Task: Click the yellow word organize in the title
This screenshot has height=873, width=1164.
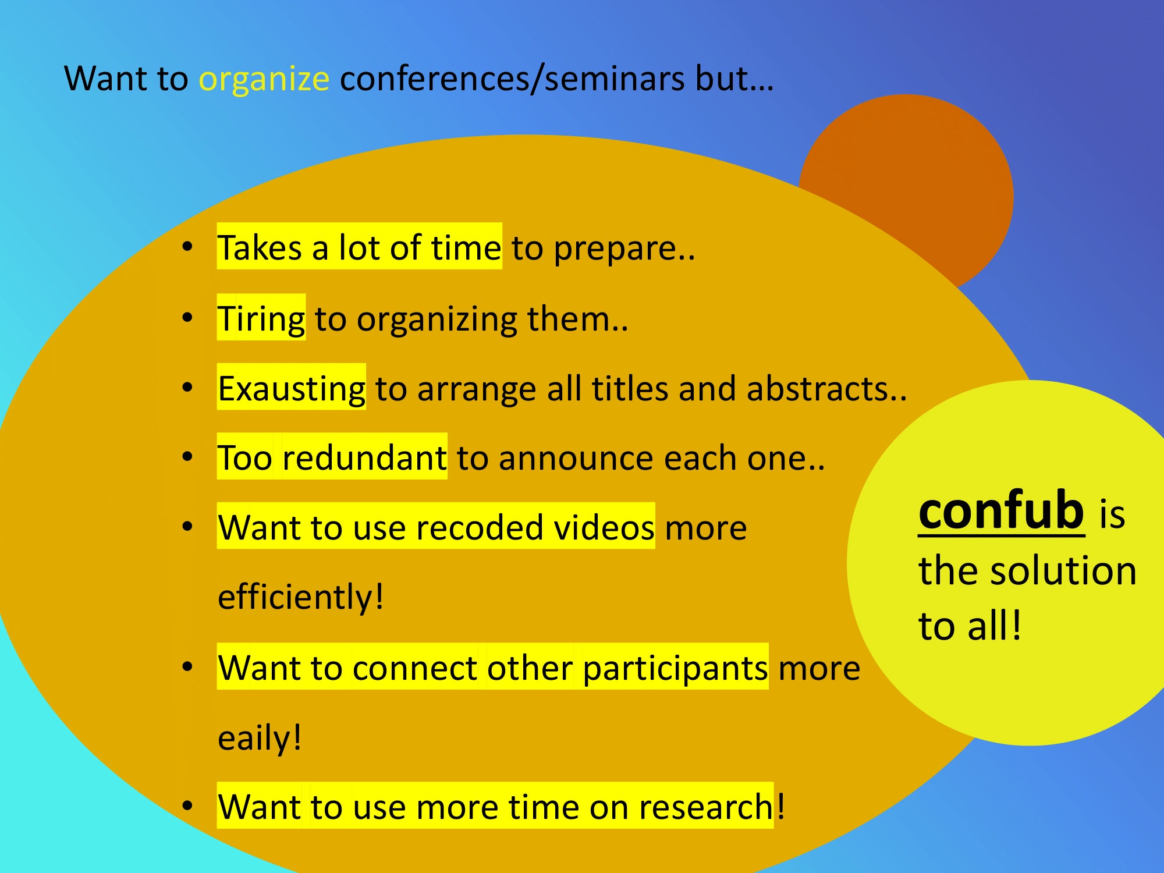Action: click(264, 80)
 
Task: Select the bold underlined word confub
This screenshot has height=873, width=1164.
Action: click(1001, 510)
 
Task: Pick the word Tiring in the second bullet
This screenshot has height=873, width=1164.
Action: click(261, 320)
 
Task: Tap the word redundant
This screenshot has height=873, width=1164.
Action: click(364, 458)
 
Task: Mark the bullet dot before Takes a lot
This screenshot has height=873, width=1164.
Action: click(187, 247)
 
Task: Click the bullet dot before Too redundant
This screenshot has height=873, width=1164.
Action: click(187, 457)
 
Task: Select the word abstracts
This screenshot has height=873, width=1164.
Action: click(817, 389)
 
